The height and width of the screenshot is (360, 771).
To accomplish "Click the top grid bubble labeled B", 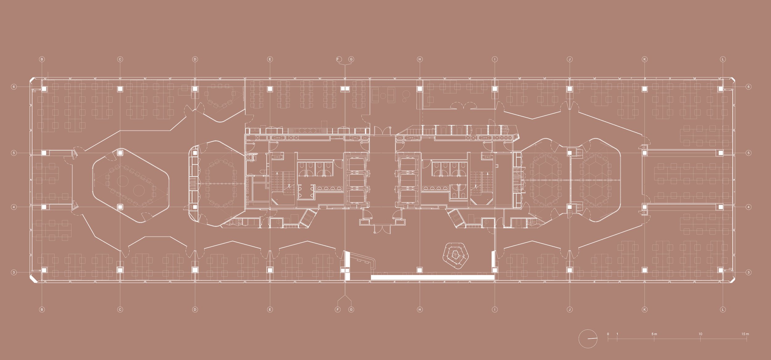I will tap(42, 59).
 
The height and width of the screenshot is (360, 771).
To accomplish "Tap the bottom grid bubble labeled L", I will tap(723, 309).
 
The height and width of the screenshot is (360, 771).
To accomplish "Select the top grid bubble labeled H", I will tap(419, 59).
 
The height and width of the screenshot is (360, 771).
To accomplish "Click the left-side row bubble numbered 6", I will tap(14, 87).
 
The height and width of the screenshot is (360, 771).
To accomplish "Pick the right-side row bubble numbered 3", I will tap(748, 272).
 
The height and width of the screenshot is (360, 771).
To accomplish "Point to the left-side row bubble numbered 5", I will tap(14, 153).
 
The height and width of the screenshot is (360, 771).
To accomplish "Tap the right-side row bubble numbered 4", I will tap(748, 207).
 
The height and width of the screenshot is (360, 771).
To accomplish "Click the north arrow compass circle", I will tap(588, 339).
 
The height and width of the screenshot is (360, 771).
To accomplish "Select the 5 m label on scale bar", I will tap(654, 334).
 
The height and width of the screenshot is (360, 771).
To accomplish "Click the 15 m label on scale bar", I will tap(745, 334).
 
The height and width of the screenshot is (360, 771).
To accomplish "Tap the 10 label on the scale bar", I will tap(700, 334).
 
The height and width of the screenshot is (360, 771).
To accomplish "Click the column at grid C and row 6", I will tap(120, 89).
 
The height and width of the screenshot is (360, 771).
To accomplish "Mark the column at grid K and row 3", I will tap(644, 270).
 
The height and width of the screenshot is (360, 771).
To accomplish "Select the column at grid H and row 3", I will tap(419, 270).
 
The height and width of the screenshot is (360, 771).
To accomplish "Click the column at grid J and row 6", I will tap(570, 89).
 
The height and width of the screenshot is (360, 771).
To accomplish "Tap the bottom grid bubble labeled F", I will tap(338, 309).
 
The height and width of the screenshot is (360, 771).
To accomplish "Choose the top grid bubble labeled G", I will tap(351, 59).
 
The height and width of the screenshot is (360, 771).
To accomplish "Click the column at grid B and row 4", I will tap(44, 207).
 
